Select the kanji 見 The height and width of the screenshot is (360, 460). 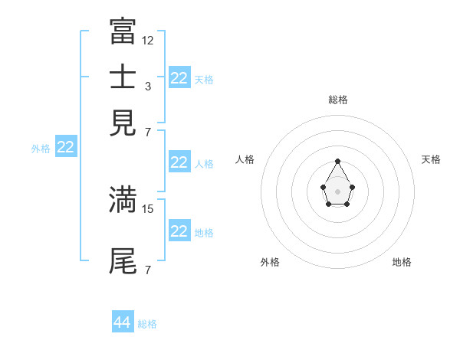click(x=123, y=123)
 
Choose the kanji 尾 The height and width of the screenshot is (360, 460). click(x=123, y=261)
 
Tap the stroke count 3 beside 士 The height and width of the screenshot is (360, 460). click(x=148, y=87)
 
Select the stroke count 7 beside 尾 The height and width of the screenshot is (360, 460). click(x=148, y=270)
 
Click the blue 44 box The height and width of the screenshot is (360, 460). click(x=123, y=322)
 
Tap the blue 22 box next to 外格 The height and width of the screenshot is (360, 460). click(x=65, y=148)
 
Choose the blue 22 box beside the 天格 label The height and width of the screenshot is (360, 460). click(x=179, y=78)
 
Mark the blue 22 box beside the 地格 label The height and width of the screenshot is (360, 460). click(x=179, y=231)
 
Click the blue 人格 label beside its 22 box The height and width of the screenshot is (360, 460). click(x=204, y=163)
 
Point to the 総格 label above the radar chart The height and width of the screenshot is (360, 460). click(x=338, y=100)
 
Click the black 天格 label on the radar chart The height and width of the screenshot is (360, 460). click(x=431, y=159)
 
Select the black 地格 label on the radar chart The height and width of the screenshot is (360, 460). click(x=402, y=262)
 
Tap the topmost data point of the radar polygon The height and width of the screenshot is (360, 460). click(x=337, y=161)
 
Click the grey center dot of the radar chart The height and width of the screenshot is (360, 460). click(x=337, y=190)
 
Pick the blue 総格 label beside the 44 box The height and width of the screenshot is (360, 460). click(x=147, y=324)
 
